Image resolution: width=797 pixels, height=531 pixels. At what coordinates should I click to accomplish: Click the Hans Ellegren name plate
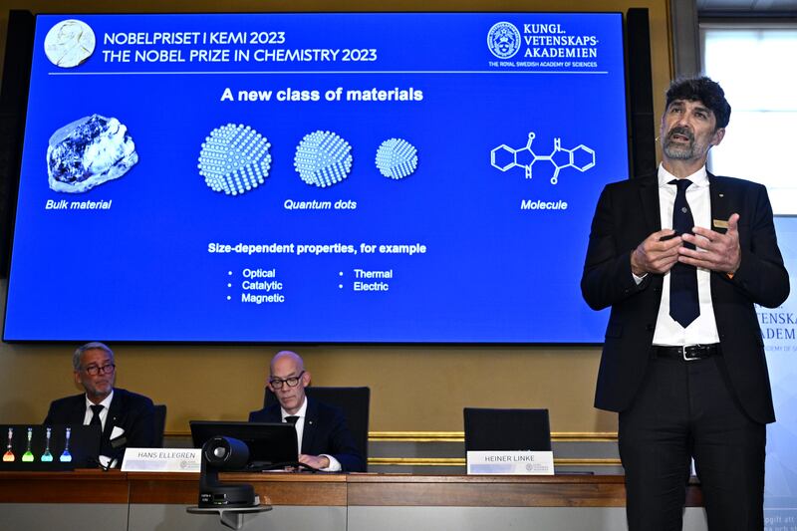click(160, 459)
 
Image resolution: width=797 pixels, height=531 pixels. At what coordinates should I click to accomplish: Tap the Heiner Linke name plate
click(509, 462)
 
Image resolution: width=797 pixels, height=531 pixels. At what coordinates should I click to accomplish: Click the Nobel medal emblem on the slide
click(70, 43)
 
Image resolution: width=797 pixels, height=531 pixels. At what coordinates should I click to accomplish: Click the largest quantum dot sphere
click(234, 159)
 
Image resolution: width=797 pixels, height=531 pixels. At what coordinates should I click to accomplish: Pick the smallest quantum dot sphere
click(397, 158)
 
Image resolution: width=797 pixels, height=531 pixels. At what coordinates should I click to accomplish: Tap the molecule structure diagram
click(543, 157)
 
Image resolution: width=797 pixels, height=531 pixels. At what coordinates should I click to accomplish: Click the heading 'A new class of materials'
click(322, 95)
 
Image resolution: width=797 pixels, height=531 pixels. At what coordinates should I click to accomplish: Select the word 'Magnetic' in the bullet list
click(262, 298)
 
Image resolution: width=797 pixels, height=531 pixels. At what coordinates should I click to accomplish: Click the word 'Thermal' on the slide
click(373, 273)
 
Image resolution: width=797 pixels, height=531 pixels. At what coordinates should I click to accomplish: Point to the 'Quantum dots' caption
click(320, 204)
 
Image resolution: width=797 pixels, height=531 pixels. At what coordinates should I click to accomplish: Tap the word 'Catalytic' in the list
click(262, 286)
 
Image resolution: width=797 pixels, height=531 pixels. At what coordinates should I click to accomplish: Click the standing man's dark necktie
click(683, 259)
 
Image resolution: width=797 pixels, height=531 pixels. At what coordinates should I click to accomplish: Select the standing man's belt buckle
click(689, 351)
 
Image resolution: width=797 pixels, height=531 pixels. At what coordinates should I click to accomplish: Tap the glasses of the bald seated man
click(286, 381)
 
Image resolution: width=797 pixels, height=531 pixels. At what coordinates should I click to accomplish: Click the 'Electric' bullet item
click(371, 286)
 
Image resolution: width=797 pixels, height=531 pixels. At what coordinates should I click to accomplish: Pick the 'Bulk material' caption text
click(78, 204)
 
